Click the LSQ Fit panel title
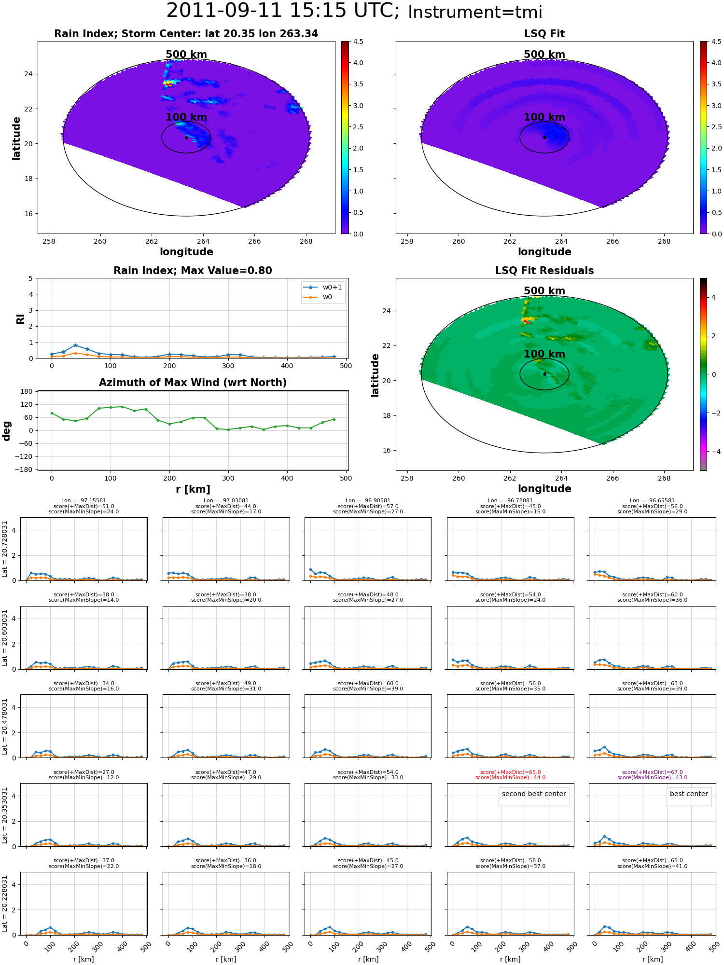coord(544,34)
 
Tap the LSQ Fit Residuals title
coord(544,271)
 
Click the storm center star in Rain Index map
coord(186,138)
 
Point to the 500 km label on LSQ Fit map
coord(544,55)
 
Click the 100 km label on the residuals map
coord(544,354)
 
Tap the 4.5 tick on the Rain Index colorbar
coord(358,41)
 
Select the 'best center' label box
coord(689,794)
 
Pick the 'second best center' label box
coord(534,794)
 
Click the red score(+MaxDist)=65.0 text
coord(510,772)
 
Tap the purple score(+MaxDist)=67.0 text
coord(653,772)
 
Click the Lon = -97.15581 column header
coord(84,501)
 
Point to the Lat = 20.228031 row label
coord(5,903)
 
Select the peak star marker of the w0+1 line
coord(75,345)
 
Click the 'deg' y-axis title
coord(7,431)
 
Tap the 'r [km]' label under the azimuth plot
coord(193,489)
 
